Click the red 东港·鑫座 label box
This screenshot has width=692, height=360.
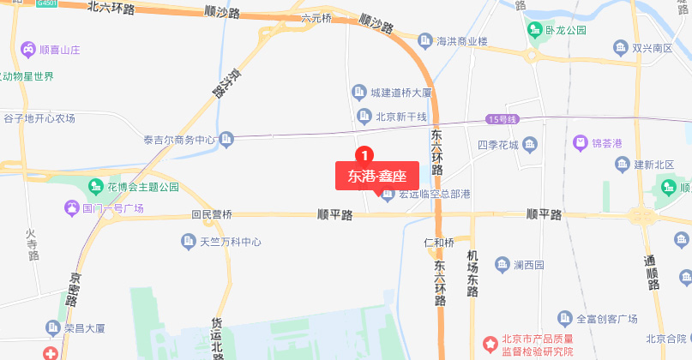[376, 176]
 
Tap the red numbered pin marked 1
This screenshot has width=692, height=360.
[364, 155]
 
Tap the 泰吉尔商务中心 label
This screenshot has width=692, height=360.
[178, 139]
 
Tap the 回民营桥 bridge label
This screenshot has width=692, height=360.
[212, 214]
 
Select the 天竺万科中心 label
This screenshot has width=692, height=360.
[230, 242]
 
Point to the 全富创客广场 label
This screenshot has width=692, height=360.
[606, 318]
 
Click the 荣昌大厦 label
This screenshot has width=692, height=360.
[84, 327]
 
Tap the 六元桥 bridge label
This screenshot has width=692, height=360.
[316, 17]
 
